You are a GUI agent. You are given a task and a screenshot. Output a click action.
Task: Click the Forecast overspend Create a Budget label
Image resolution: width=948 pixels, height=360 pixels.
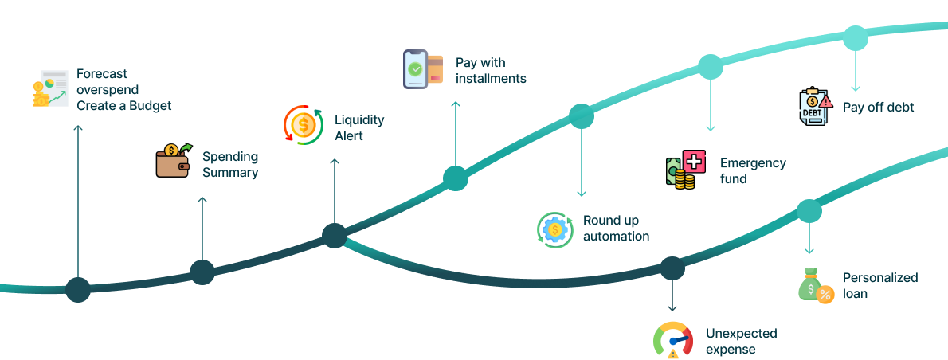(x=123, y=89)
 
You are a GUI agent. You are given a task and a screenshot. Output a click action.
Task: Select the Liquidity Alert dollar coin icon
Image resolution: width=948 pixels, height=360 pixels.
(x=304, y=125)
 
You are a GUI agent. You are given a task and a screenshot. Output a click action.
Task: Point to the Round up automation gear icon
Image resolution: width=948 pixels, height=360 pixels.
(x=554, y=230)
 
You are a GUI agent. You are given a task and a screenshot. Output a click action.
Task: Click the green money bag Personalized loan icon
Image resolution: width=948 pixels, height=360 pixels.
(x=815, y=285)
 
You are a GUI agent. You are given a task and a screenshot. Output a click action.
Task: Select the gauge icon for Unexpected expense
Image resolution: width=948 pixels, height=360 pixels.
(x=672, y=340)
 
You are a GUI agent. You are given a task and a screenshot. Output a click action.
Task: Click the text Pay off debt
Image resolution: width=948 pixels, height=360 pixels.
(x=878, y=107)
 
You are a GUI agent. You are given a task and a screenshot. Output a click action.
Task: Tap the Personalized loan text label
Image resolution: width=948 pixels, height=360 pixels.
(x=880, y=285)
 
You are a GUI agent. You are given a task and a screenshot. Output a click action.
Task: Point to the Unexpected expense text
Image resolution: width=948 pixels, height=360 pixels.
(x=741, y=341)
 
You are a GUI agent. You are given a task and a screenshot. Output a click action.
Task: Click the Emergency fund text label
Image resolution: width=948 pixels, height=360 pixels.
(x=753, y=170)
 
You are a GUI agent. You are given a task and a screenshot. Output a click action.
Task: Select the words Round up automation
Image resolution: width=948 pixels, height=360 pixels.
(x=616, y=228)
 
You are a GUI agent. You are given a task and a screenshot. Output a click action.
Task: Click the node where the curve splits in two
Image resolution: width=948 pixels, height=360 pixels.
(x=335, y=236)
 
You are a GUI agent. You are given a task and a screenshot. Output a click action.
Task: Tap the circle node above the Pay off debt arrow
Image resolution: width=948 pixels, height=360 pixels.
(x=855, y=38)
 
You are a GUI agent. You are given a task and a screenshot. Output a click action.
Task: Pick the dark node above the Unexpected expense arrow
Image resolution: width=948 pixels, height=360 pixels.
(x=672, y=268)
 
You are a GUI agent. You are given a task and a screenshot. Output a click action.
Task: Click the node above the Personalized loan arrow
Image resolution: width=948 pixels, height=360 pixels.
(x=809, y=211)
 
